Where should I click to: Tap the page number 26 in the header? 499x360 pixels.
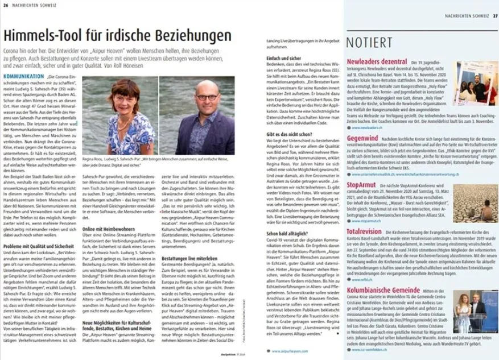click(6, 5)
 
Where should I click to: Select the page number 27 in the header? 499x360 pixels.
click(494, 15)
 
